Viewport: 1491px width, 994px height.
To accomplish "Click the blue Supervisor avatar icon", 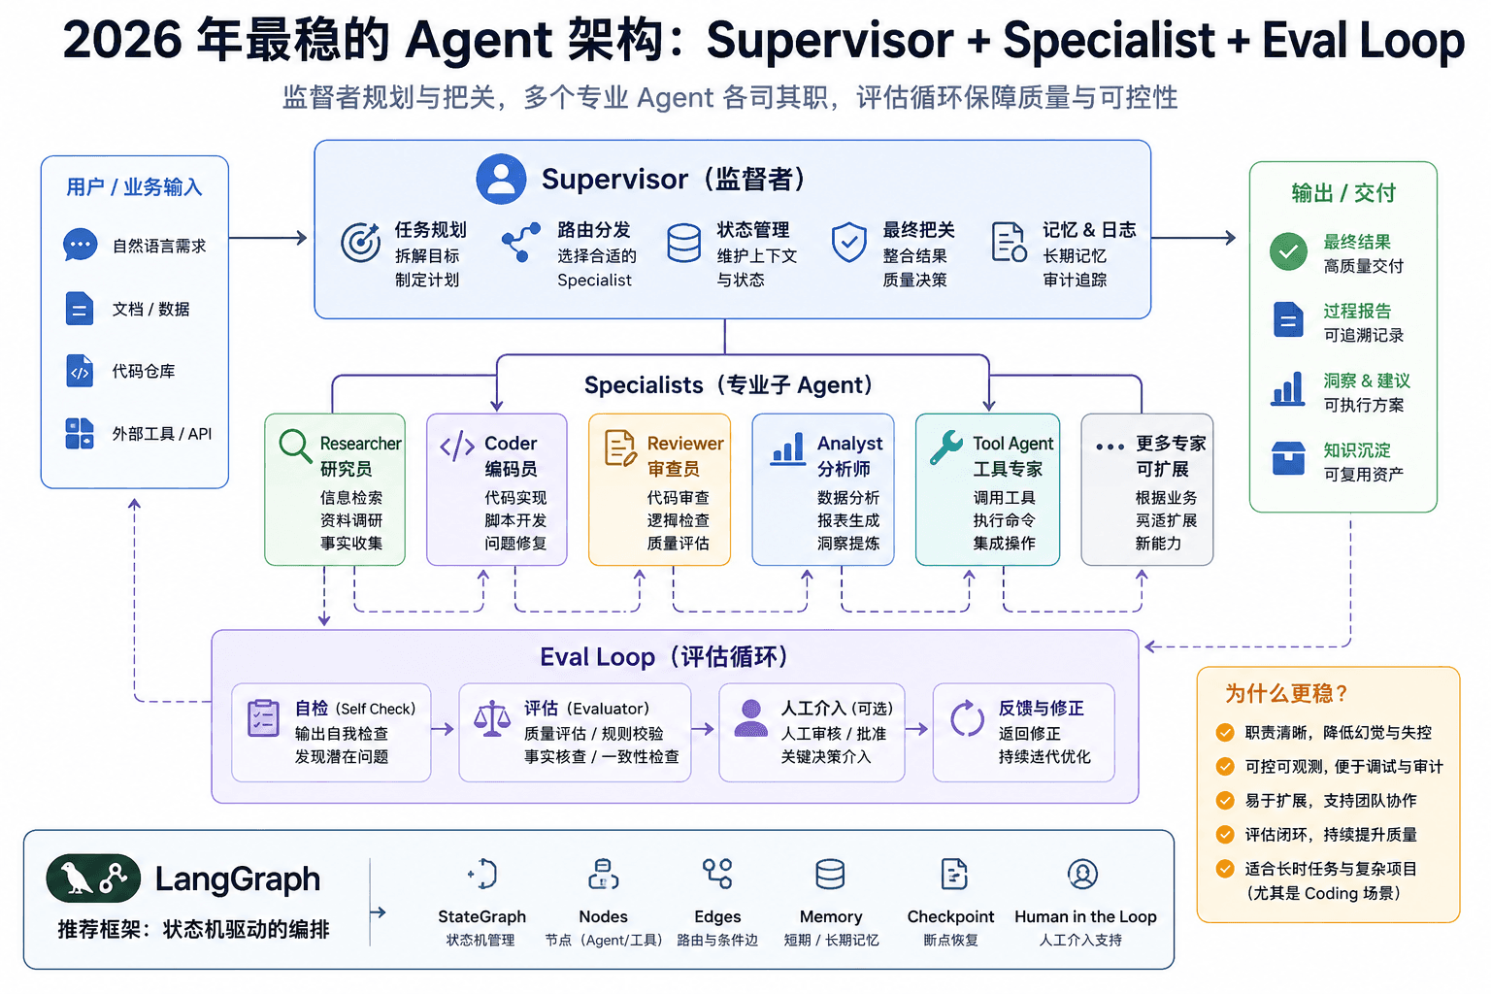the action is [501, 179].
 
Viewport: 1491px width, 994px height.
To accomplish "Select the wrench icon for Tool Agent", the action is [945, 447].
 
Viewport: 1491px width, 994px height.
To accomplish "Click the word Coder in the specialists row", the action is [510, 444].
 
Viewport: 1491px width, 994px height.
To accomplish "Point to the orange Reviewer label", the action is [685, 444].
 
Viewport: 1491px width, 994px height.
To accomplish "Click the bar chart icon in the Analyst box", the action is [788, 448].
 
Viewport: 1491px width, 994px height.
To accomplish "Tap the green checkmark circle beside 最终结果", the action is [1288, 251].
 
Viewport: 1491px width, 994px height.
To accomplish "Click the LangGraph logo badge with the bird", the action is [93, 878].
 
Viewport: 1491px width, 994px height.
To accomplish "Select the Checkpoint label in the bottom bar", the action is [950, 916].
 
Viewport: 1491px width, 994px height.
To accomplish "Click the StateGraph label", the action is [481, 916].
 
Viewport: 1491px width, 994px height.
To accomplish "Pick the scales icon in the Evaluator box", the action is [492, 718].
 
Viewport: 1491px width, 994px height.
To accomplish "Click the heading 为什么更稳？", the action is [1286, 694].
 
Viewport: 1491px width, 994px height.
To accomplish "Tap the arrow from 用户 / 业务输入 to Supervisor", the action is [268, 238].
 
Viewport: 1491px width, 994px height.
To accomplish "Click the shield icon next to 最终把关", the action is [848, 242].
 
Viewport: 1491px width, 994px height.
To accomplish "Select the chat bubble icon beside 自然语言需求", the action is [80, 245].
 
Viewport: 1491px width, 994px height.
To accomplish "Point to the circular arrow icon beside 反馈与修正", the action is [967, 718].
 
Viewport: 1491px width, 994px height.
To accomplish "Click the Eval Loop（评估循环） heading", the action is [664, 657].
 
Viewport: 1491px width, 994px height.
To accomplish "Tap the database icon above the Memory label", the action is [830, 875].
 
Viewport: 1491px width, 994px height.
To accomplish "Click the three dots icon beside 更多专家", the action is [1110, 447].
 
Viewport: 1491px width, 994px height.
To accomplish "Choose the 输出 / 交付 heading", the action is [1343, 193].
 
